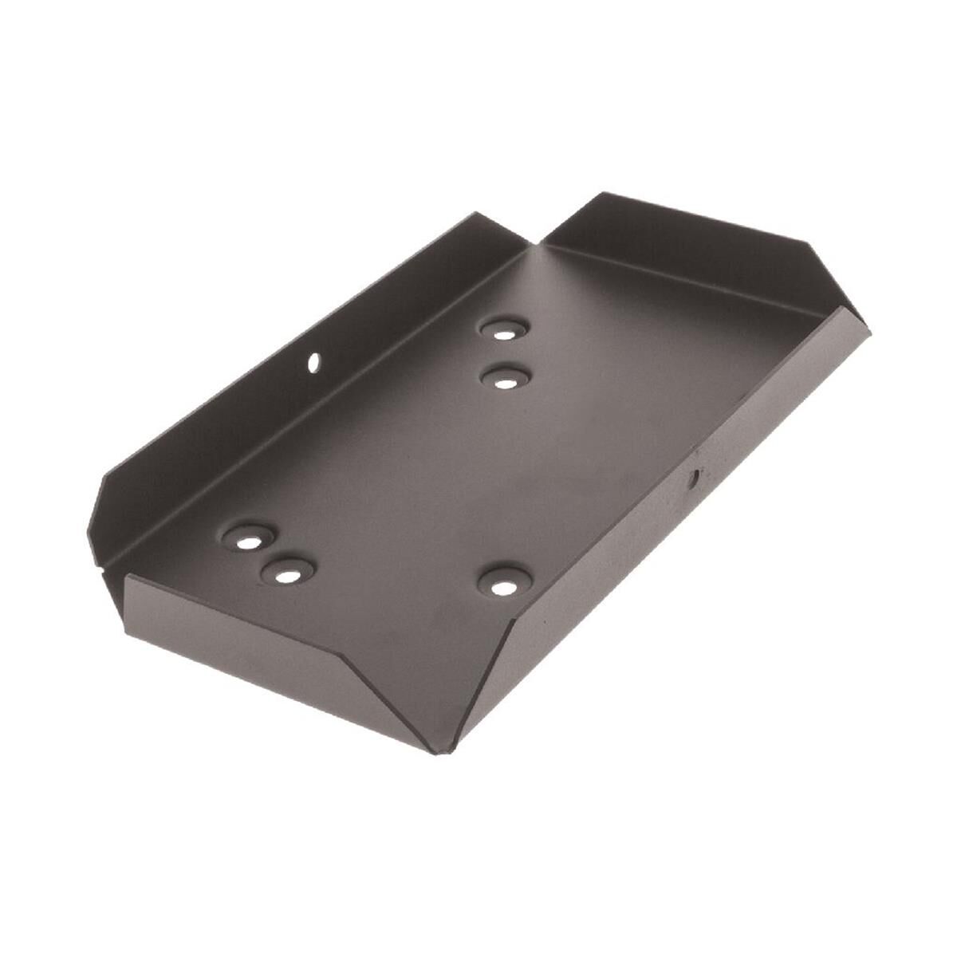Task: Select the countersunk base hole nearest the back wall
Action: [504, 329]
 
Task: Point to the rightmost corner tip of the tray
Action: [869, 329]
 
